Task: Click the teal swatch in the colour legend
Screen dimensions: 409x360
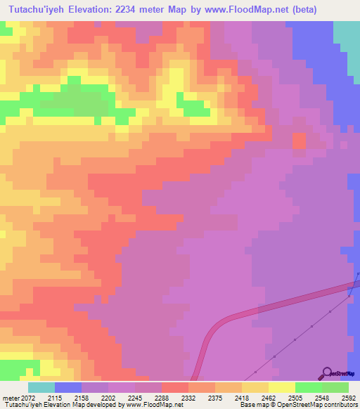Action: [41, 387]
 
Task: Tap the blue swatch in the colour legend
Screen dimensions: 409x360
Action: [68, 387]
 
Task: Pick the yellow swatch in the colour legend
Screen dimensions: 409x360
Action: [282, 387]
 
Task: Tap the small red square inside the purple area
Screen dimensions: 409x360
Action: [300, 141]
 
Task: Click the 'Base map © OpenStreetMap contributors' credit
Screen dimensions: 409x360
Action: [298, 405]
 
